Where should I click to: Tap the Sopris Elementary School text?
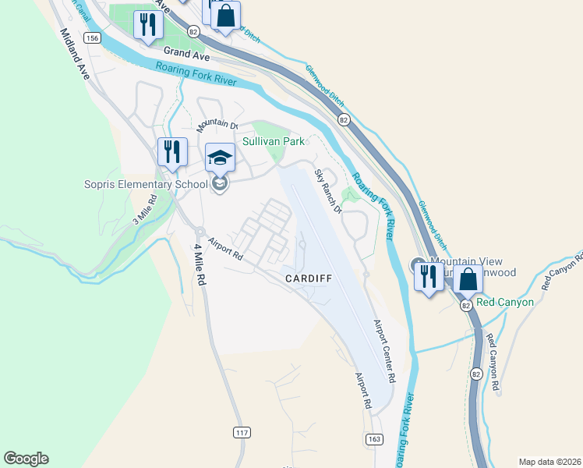[146, 184]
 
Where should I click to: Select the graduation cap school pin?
[220, 158]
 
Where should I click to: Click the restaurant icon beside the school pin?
[172, 151]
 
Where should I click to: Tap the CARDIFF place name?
[309, 278]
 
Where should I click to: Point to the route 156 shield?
[93, 37]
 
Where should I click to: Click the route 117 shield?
[241, 431]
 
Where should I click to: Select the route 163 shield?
[373, 441]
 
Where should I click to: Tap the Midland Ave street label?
[75, 53]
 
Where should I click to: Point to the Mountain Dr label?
[217, 124]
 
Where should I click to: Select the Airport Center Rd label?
[384, 351]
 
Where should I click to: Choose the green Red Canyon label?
[505, 302]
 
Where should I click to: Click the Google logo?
[26, 459]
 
